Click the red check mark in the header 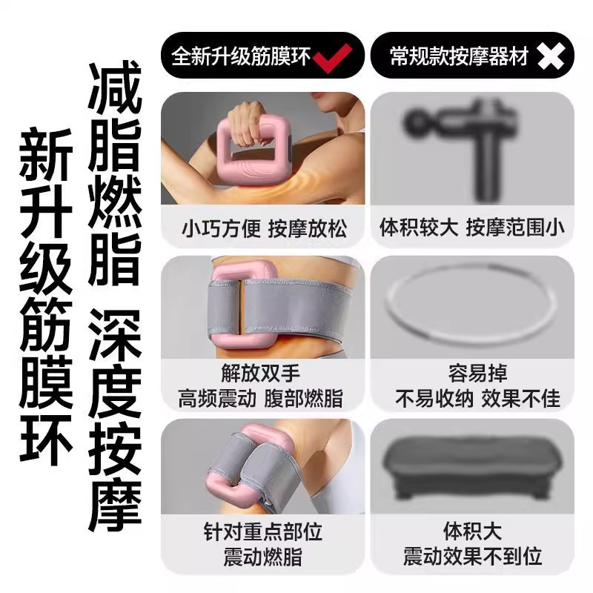[x=334, y=57]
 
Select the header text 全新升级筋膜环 [x=242, y=57]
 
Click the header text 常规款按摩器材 [x=459, y=57]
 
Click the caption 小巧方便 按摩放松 [x=264, y=227]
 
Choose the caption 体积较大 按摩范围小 [x=471, y=227]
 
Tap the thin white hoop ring [x=471, y=304]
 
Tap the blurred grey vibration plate [x=471, y=464]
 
